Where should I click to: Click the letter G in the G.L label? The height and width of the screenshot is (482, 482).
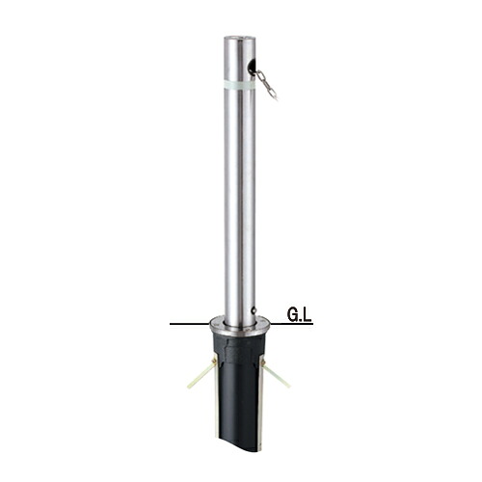[x=293, y=315]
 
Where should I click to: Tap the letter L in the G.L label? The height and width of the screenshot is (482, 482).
[x=308, y=315]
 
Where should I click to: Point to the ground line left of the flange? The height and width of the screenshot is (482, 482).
[x=190, y=323]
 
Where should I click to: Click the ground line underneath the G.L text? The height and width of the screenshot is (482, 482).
[x=291, y=323]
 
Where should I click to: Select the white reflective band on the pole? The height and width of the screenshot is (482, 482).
[x=240, y=86]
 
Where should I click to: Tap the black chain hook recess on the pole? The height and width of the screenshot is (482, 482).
[x=251, y=67]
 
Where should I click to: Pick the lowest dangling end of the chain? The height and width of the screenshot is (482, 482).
[x=276, y=99]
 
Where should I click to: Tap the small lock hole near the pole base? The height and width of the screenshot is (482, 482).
[x=254, y=310]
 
